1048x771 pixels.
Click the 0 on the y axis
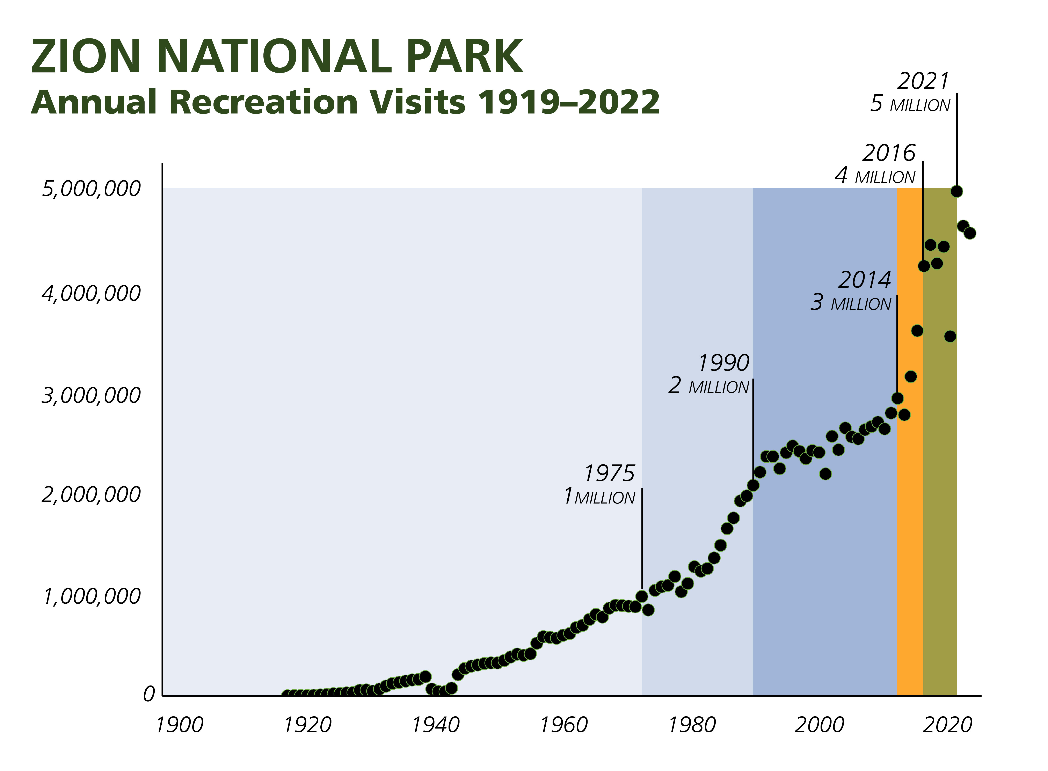coord(148,695)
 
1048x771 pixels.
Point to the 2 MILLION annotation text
coord(709,386)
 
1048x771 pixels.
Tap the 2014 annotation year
coord(865,280)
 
